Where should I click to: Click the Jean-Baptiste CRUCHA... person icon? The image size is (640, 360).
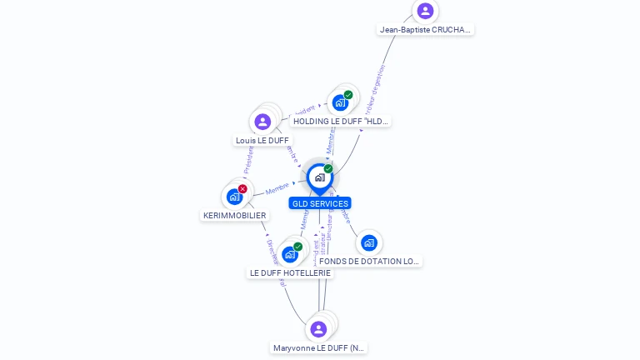pos(425,11)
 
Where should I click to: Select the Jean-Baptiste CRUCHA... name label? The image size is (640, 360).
pos(425,30)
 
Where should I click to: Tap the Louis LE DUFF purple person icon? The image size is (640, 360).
pos(262,122)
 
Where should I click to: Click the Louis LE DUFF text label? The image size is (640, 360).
pos(262,141)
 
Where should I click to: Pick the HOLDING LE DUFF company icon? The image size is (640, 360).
pos(340,103)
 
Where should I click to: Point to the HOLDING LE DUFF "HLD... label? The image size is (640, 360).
pos(341,122)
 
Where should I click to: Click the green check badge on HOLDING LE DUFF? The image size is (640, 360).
pos(348,95)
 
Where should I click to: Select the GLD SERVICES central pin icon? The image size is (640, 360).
pos(319,177)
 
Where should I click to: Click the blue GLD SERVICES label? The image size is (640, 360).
pos(320,203)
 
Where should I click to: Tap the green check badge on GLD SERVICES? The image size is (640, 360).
pos(328,169)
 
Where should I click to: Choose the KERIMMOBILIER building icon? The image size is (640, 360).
pos(234,197)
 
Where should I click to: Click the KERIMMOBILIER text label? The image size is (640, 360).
pos(235,216)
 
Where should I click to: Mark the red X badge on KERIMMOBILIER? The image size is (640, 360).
pos(242,189)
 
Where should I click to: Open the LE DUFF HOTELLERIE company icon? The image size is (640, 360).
pos(289,254)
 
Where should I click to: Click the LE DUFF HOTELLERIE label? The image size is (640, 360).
pos(290,273)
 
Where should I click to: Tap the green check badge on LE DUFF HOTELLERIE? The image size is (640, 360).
pos(297,247)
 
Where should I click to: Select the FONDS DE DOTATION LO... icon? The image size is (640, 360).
pos(369,242)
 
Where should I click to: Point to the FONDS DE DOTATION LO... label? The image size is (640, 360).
pos(369,262)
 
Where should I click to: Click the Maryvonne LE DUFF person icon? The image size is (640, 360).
pos(318,329)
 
